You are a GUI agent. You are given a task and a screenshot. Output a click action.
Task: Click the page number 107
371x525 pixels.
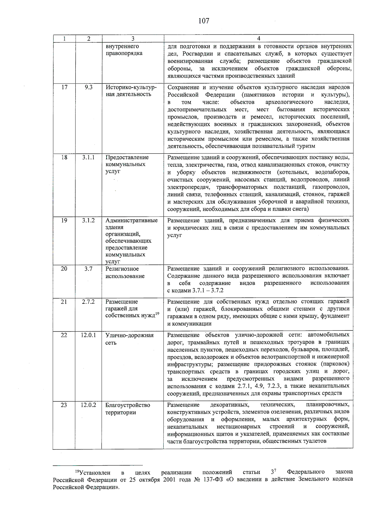click(x=204, y=21)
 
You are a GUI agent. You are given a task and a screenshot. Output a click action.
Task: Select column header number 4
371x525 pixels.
click(x=258, y=39)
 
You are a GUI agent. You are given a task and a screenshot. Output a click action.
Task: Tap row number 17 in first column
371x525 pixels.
click(x=64, y=87)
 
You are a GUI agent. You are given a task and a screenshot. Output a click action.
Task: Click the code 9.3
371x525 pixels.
click(x=88, y=87)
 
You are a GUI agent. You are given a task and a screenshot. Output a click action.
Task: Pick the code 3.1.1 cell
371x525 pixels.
click(x=88, y=157)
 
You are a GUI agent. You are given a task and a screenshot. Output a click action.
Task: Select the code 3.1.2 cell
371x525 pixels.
click(x=88, y=220)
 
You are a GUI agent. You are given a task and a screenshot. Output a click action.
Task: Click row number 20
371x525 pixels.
click(x=64, y=269)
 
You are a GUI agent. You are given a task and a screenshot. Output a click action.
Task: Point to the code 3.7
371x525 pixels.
click(x=88, y=269)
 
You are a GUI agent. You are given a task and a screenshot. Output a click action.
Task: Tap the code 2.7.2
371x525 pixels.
click(x=88, y=302)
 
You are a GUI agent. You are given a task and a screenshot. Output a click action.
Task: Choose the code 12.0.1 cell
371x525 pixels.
click(x=88, y=335)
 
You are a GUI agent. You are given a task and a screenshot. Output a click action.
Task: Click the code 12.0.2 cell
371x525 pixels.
click(x=88, y=405)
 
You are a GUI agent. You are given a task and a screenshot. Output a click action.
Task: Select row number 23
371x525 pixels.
click(x=64, y=405)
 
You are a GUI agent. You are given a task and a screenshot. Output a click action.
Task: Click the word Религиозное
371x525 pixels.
click(x=122, y=269)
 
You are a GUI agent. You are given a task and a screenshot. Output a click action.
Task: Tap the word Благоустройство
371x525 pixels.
click(x=128, y=405)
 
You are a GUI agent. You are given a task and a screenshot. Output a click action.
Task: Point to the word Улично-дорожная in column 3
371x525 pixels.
click(x=130, y=335)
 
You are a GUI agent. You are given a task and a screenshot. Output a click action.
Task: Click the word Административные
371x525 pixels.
click(x=131, y=221)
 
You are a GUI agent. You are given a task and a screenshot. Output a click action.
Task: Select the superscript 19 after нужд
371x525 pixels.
click(x=157, y=314)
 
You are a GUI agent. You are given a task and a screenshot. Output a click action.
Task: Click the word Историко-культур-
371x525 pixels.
click(x=131, y=88)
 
